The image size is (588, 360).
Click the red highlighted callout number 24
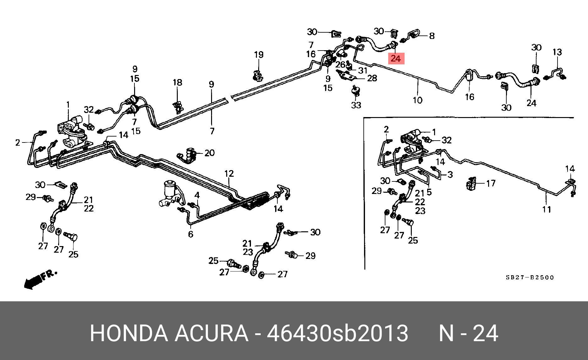(396, 58)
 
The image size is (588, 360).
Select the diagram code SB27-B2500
(530, 277)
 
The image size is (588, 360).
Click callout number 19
(259, 55)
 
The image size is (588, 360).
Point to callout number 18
(177, 83)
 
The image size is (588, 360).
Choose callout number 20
(210, 153)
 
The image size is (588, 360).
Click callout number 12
(229, 174)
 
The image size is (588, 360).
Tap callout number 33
(356, 105)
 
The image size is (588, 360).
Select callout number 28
(372, 78)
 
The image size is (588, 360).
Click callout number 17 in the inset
(491, 183)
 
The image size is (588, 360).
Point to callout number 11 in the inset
(547, 209)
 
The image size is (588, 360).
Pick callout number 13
(557, 52)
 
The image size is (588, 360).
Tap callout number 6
(191, 234)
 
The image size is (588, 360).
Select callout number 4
(197, 195)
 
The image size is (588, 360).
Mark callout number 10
(417, 100)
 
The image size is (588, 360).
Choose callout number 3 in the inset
(450, 175)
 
